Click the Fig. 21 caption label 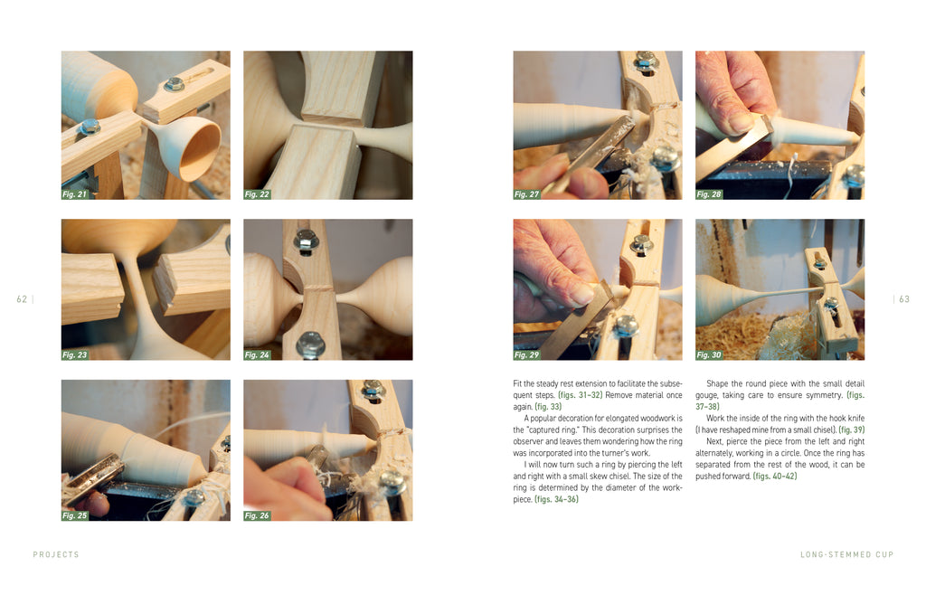point(75,194)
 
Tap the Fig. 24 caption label point(258,354)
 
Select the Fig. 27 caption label point(527,194)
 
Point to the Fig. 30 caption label point(709,354)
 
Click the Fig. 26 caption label point(258,515)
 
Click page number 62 point(22,299)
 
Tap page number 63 point(904,299)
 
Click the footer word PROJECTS point(56,555)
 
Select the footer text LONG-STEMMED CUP point(846,555)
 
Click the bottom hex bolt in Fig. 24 point(311,345)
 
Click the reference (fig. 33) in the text point(548,407)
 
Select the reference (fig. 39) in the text point(851,430)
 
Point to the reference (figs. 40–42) point(775,477)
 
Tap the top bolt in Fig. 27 point(646,61)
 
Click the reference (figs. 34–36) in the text point(556,499)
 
